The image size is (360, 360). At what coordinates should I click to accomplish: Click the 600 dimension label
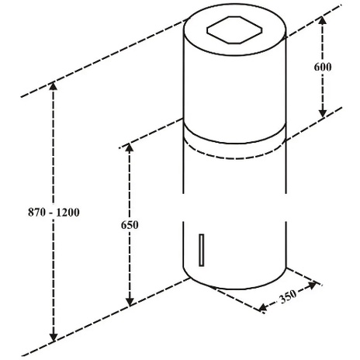323,67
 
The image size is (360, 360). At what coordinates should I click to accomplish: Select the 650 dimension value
130,225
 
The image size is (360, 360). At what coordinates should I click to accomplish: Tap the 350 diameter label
288,296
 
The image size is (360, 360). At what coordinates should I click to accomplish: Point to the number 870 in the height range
36,213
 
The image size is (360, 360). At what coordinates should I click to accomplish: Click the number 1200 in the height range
67,213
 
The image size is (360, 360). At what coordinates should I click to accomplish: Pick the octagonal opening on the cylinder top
234,30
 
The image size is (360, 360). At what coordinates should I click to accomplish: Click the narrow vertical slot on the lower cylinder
201,250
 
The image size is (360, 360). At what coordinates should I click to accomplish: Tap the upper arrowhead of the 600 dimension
322,20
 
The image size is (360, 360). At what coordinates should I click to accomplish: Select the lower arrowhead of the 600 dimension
322,113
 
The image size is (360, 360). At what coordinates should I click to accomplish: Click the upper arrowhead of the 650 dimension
130,147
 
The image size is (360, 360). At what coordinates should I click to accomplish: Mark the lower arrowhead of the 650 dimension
130,302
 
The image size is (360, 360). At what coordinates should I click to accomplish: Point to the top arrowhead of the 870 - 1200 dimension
54,85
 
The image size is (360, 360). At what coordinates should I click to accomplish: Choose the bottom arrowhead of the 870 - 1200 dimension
54,337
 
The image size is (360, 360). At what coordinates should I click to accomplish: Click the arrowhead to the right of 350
313,286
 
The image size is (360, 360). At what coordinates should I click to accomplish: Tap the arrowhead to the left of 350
263,307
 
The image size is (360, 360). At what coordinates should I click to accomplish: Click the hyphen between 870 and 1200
51,213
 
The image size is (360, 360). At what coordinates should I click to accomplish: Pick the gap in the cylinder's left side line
183,207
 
